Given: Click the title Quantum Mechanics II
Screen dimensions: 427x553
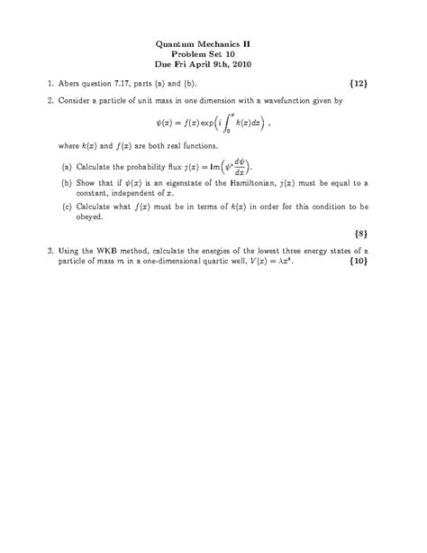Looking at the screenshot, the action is (x=213, y=42).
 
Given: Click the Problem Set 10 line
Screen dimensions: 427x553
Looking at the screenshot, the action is (x=213, y=53).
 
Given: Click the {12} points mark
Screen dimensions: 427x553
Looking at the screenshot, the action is (x=358, y=83).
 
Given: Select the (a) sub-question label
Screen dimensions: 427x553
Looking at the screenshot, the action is (x=68, y=167).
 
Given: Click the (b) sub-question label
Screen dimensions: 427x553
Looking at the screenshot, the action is (x=68, y=183).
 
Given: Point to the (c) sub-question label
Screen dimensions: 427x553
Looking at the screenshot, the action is (x=68, y=205).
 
